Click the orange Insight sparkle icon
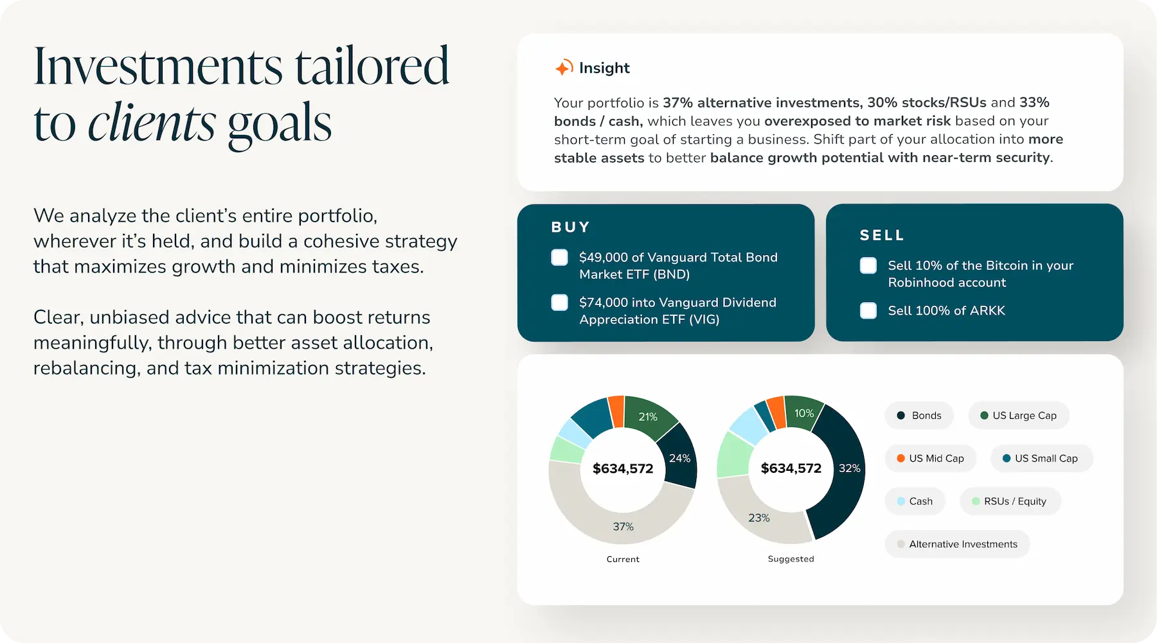coord(564,67)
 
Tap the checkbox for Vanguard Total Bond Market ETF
coord(560,258)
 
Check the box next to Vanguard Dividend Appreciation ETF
coord(560,303)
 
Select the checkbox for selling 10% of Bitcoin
coord(868,265)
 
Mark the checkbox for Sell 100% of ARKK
coord(868,310)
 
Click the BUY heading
coord(570,227)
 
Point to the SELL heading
coord(882,235)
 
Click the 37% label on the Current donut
coord(623,527)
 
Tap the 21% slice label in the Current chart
coord(648,417)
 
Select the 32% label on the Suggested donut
coord(849,468)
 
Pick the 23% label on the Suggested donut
coord(758,518)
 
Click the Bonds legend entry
coord(919,416)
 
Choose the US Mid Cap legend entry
coord(930,458)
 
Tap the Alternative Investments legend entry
coord(957,544)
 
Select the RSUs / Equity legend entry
coord(1010,501)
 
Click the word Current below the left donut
coord(623,559)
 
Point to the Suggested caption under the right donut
coord(791,559)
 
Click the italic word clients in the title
coord(152,122)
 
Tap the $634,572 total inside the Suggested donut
coord(791,468)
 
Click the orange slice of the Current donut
coord(616,411)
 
